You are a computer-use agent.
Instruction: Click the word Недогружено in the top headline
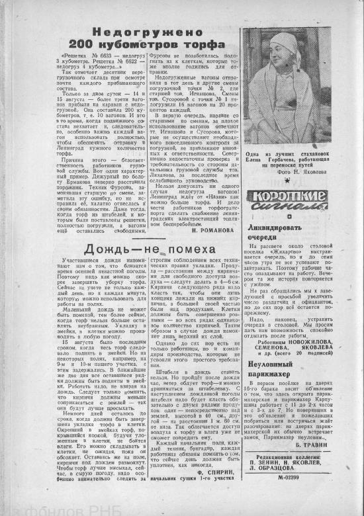[x=146, y=32]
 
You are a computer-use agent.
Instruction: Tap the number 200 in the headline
[x=101, y=44]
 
